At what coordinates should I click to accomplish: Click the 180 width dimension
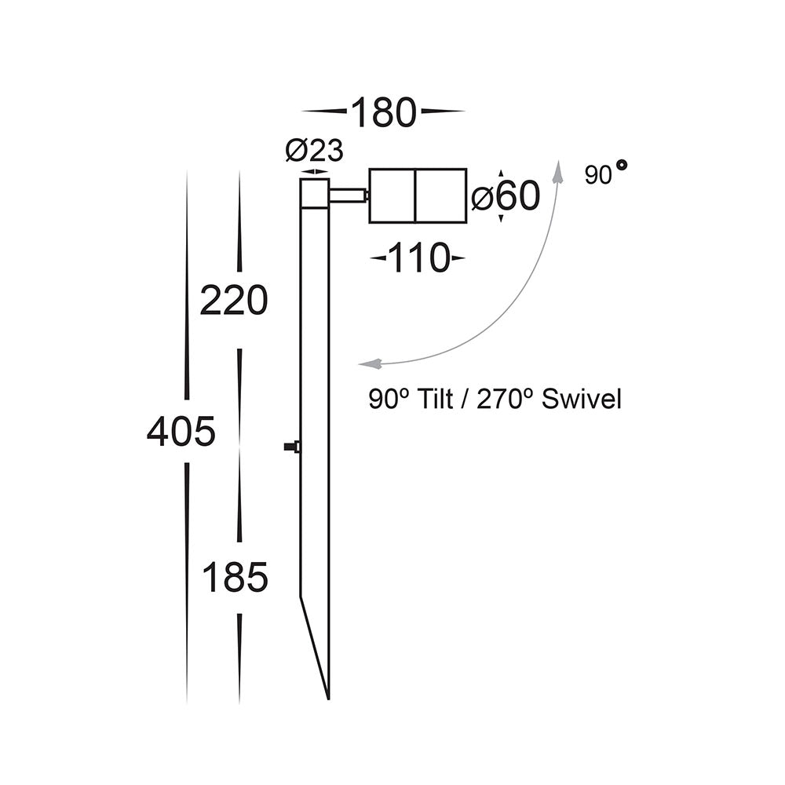click(x=382, y=112)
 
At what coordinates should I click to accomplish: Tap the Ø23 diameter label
click(x=314, y=150)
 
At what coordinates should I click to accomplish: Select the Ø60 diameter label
click(x=506, y=196)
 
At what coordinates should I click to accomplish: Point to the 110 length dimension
click(x=417, y=258)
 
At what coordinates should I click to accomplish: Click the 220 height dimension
click(x=234, y=301)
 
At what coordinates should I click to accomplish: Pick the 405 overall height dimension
click(x=181, y=432)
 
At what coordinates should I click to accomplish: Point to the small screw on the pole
click(x=292, y=447)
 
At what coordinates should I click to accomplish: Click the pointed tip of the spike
click(x=327, y=696)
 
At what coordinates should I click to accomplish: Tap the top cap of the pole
click(x=315, y=192)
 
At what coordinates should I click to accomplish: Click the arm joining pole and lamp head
click(x=348, y=195)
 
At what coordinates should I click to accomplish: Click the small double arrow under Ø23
click(x=315, y=171)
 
